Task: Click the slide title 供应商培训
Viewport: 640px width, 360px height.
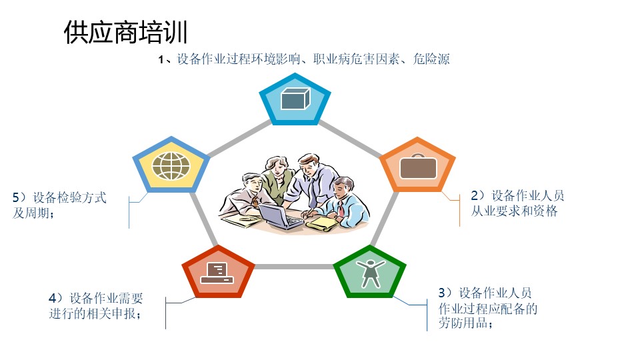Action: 126,32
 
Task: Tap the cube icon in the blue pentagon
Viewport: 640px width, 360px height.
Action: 295,99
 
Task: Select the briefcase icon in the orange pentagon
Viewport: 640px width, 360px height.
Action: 418,167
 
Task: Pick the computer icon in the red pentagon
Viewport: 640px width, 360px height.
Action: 217,273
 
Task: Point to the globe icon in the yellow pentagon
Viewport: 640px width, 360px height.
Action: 171,166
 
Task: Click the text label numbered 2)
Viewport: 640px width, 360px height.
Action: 517,203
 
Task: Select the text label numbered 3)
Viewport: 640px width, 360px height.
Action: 488,308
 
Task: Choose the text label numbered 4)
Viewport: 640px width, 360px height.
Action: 96,306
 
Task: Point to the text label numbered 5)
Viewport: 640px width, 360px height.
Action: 59,205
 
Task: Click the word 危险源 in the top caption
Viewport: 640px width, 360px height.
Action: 431,59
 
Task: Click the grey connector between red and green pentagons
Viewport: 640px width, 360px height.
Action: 294,267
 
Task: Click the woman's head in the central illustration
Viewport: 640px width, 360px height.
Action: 277,165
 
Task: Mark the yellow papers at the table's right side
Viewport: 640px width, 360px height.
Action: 323,224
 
